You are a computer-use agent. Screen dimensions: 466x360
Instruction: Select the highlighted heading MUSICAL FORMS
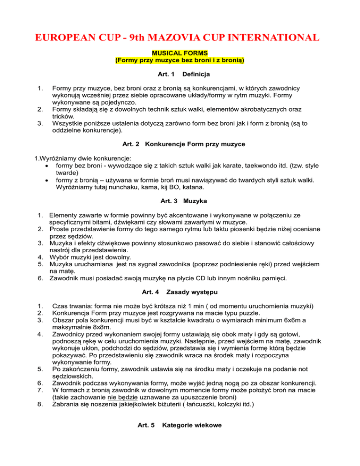(180, 54)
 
